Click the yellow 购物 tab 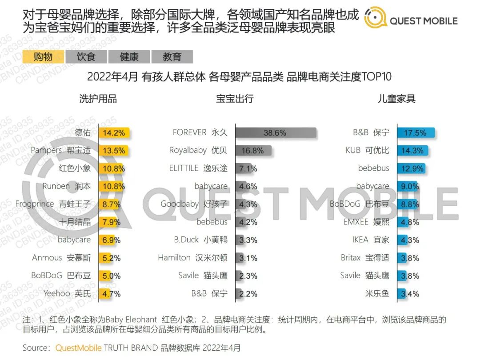click(x=43, y=56)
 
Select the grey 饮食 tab click(x=86, y=56)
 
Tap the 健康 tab click(x=129, y=56)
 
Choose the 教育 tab click(x=172, y=56)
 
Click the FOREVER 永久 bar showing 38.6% click(x=276, y=132)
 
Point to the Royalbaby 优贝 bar click(x=253, y=150)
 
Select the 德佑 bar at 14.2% click(x=114, y=132)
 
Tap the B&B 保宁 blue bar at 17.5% click(x=416, y=132)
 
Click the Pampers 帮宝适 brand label click(x=60, y=150)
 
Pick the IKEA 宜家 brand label click(x=371, y=240)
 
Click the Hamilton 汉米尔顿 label click(x=192, y=258)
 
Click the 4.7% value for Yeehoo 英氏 click(x=111, y=293)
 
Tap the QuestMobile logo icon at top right click(x=375, y=19)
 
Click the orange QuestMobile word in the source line click(x=78, y=348)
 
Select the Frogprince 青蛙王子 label click(x=53, y=204)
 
